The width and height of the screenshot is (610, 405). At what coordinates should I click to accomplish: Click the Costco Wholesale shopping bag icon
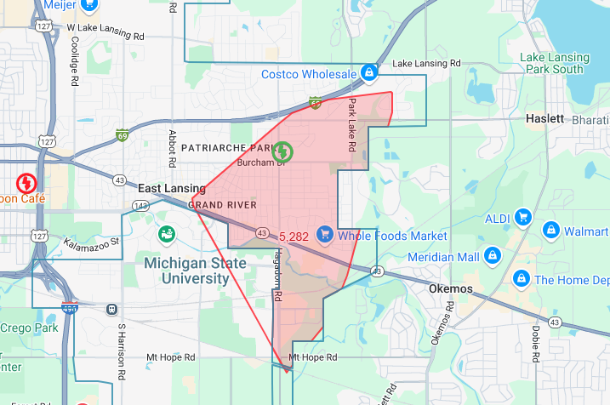coord(368,74)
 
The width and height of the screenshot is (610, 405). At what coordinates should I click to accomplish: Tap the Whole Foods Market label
coord(392,235)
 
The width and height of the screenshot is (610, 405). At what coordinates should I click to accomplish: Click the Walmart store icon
coord(550,231)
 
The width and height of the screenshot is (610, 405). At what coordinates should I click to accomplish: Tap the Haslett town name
coord(544,118)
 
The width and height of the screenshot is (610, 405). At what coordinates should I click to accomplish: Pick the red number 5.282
coord(294,236)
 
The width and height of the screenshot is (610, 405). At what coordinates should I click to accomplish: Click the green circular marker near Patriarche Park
coord(282,151)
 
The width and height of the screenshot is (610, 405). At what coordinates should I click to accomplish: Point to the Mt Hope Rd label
coord(313,357)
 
